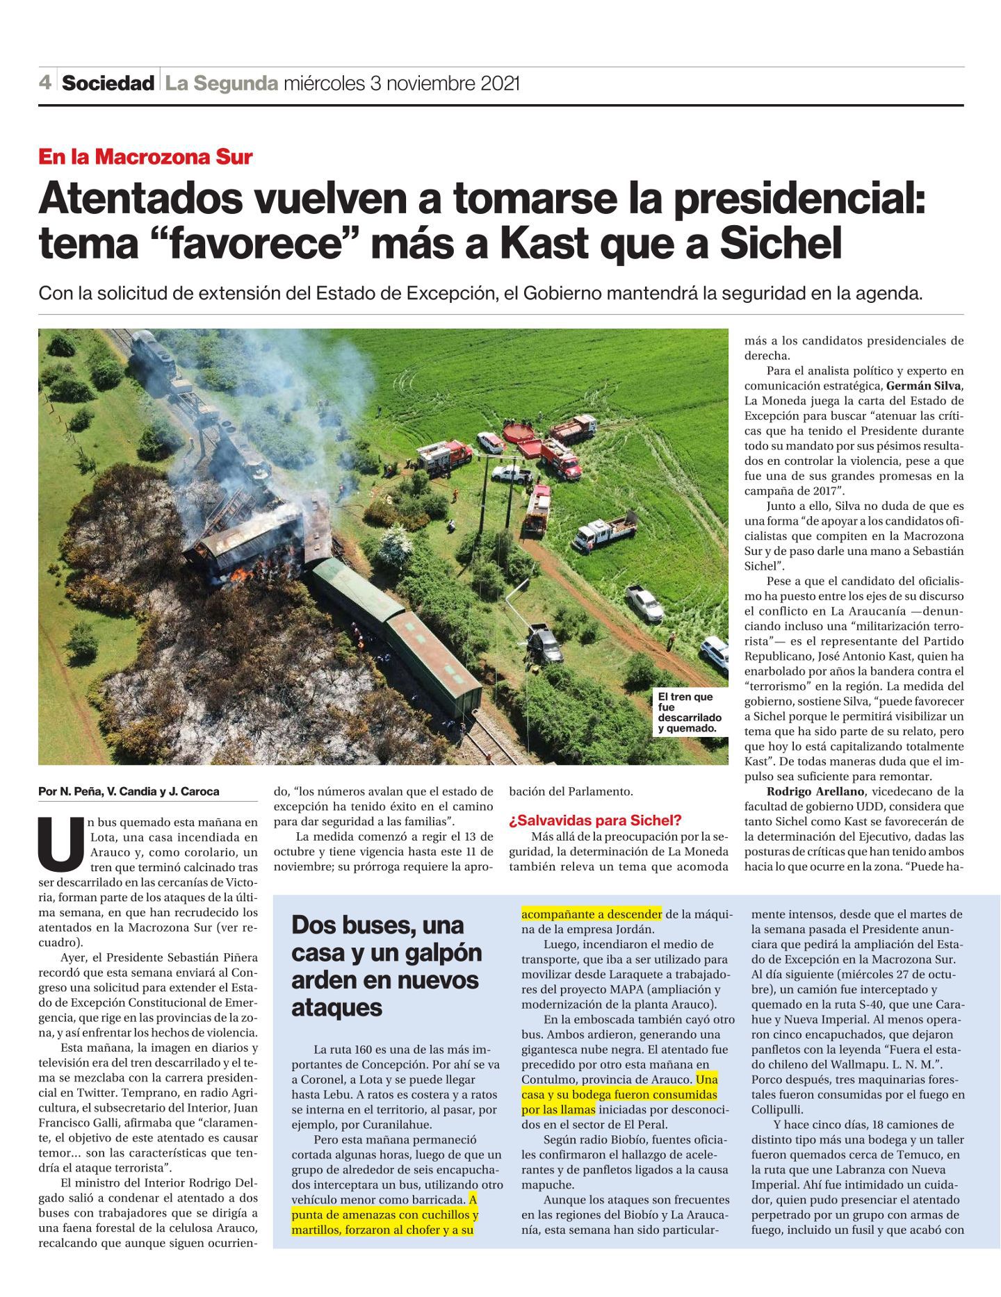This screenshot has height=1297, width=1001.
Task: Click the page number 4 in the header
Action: point(45,83)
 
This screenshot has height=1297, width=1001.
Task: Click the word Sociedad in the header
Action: point(108,84)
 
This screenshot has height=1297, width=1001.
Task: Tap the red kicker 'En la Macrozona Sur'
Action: point(145,157)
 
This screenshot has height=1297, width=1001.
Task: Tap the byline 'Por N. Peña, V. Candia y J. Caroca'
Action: point(129,791)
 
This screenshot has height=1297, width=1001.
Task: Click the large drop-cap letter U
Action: point(61,844)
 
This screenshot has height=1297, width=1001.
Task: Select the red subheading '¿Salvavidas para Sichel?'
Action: point(595,820)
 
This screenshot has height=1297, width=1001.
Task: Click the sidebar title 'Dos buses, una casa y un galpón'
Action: point(386,952)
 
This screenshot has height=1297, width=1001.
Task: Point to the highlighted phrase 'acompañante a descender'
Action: point(592,914)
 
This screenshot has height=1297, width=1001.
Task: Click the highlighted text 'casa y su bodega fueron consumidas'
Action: point(619,1094)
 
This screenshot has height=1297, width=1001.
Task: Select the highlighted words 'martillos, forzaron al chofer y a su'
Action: point(382,1230)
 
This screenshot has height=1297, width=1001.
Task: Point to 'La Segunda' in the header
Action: point(221,84)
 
